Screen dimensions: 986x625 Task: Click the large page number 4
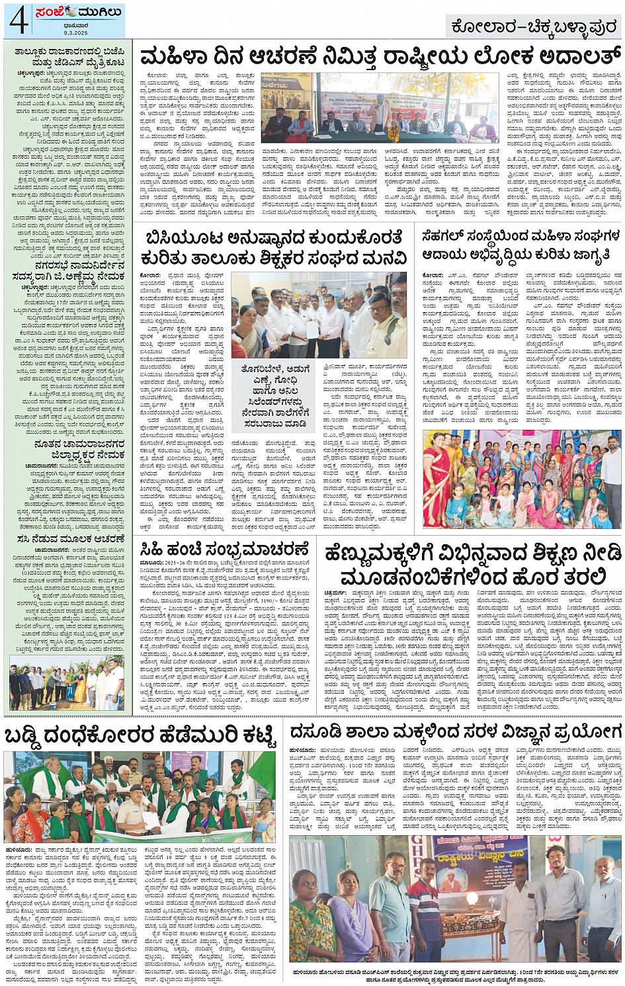pyautogui.click(x=18, y=21)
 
